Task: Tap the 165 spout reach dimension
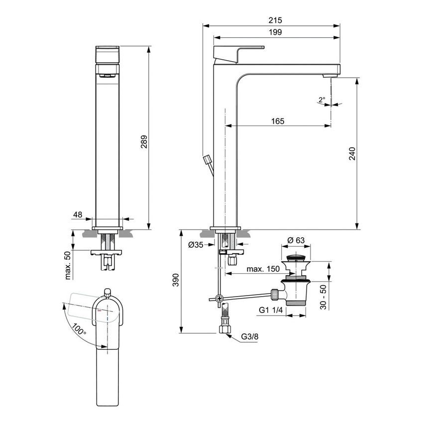click(x=278, y=121)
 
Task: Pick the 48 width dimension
click(x=78, y=214)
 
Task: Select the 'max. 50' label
click(x=69, y=266)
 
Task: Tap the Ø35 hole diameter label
click(x=196, y=244)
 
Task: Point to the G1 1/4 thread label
click(x=271, y=310)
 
